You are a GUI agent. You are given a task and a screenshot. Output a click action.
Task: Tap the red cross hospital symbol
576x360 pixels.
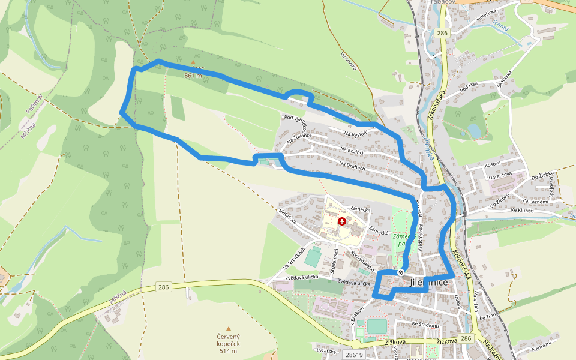coord(342,221)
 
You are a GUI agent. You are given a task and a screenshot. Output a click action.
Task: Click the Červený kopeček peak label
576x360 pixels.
coord(229,341)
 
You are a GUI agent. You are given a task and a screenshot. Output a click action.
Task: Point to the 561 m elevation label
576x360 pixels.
coord(193,76)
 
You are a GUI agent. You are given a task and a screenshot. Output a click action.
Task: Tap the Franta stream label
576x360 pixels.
coord(499,25)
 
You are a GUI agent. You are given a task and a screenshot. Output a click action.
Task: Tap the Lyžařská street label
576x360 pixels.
coord(327,349)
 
